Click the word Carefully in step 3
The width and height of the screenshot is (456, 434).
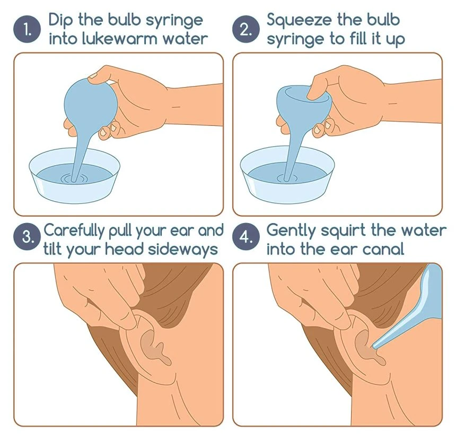pos(74,231)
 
